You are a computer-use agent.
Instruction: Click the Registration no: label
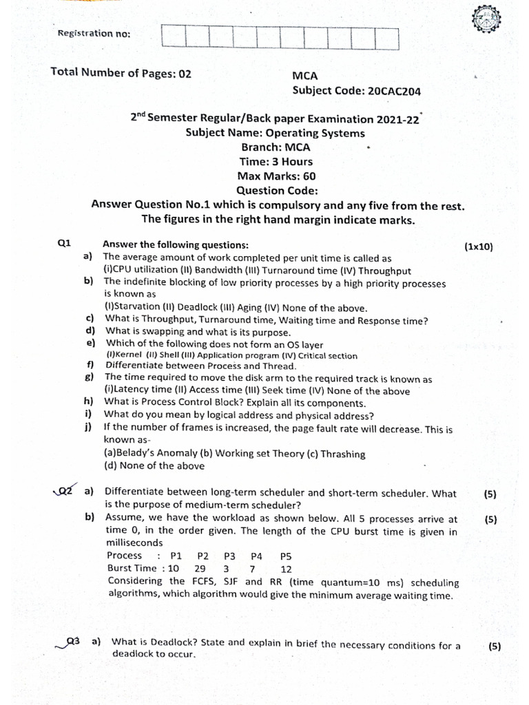click(93, 34)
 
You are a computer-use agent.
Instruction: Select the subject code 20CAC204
click(395, 90)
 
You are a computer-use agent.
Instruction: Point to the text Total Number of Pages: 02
click(121, 73)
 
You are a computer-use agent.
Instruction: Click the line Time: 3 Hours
click(276, 162)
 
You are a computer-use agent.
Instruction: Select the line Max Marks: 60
click(276, 176)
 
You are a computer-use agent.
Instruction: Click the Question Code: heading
click(277, 191)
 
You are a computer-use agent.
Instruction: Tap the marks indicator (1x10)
click(479, 246)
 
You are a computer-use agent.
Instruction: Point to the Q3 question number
click(72, 642)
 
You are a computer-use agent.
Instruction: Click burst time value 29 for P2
click(200, 569)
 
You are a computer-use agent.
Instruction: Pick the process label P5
click(286, 556)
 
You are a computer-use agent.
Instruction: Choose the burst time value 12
click(286, 569)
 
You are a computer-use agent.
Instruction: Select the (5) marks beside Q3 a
click(494, 646)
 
